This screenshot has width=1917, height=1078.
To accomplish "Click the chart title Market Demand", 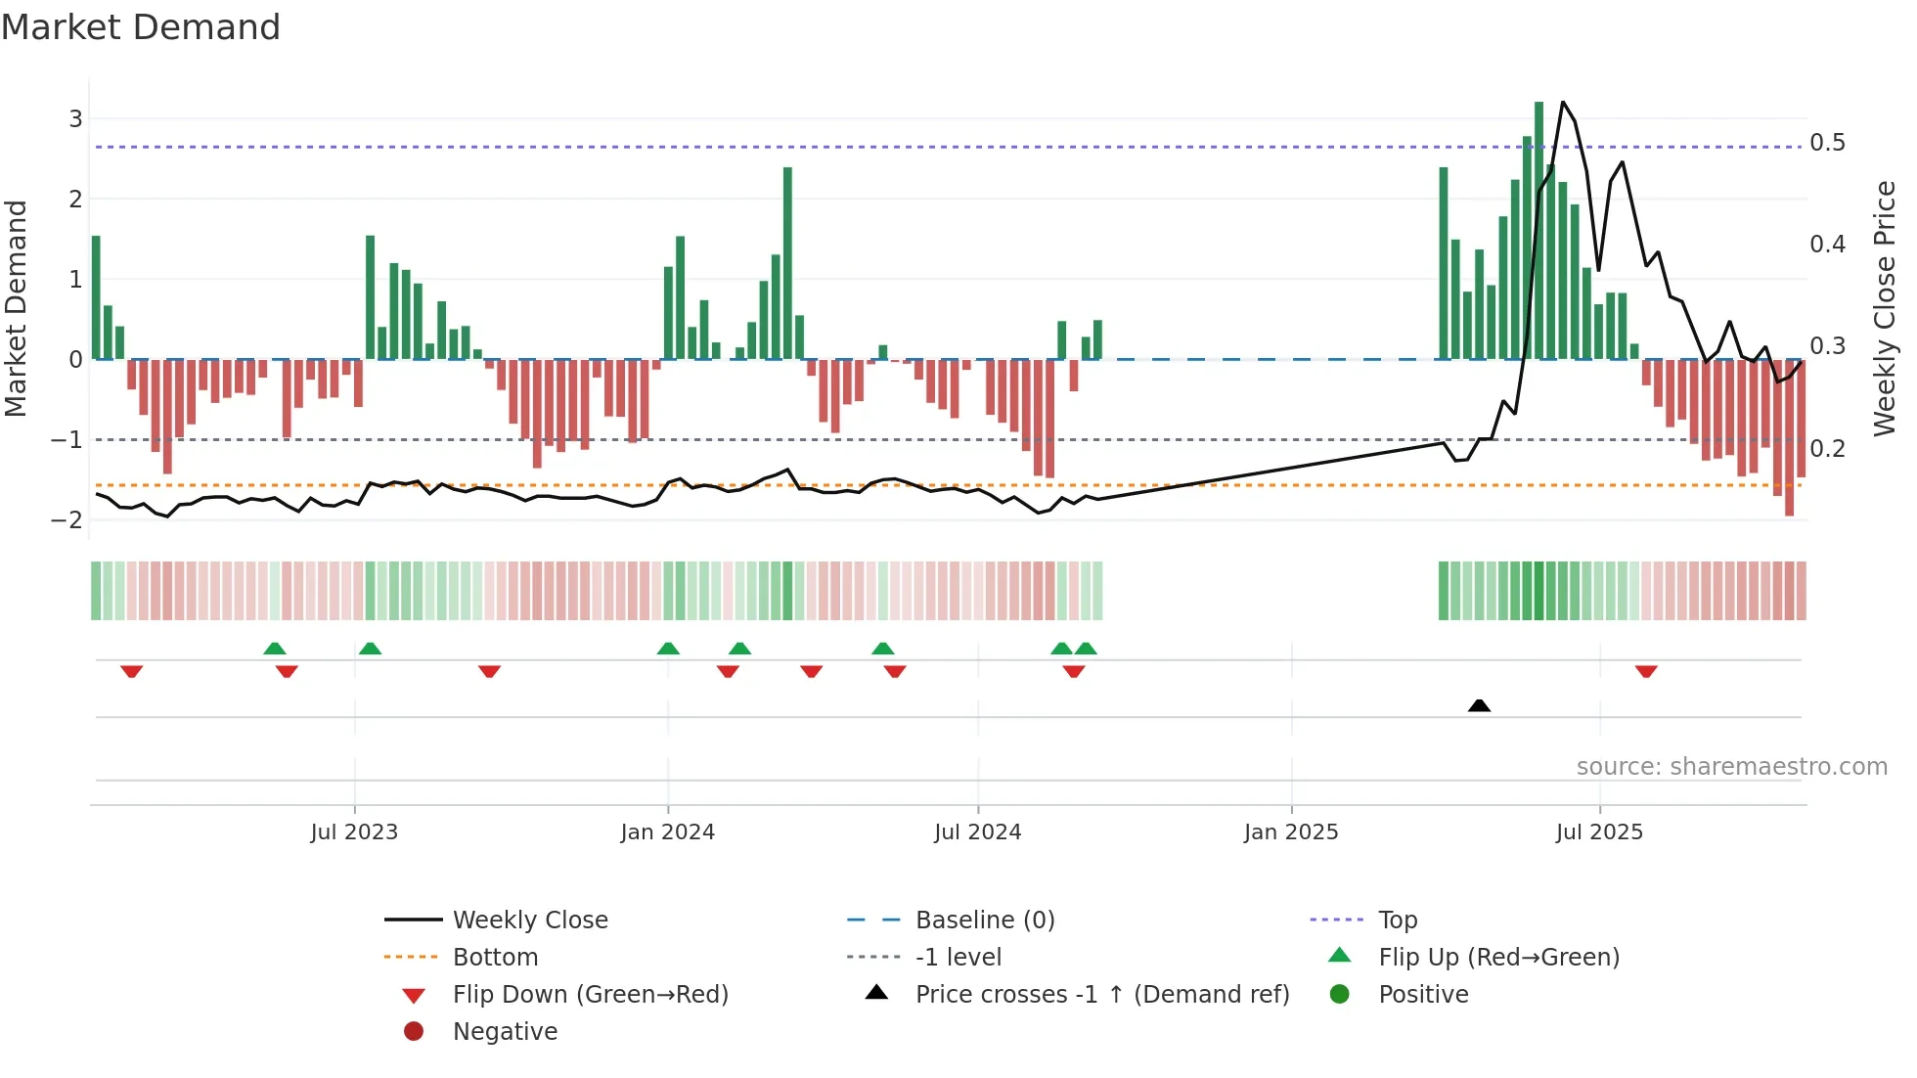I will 141,27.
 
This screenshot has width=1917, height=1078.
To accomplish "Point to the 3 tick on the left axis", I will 75,119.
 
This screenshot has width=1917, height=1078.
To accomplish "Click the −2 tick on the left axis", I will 67,519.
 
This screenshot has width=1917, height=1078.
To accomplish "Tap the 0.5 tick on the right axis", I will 1827,143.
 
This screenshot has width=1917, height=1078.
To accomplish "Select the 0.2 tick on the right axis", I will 1827,449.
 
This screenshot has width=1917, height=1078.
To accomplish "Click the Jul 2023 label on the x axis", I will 354,832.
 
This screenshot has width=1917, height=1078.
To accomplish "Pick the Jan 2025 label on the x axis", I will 1290,832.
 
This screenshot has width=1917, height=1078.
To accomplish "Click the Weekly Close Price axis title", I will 1884,308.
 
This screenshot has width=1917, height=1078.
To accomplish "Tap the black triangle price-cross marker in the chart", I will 1479,705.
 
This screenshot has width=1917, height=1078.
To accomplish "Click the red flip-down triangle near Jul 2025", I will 1646,672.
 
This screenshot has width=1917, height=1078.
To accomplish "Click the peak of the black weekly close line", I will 1562,103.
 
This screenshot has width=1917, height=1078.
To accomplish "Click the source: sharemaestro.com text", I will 1731,767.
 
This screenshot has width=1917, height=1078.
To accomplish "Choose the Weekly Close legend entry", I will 529,921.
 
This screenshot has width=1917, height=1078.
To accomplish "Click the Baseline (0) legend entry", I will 984,921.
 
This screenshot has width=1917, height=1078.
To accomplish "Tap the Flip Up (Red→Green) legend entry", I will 1498,958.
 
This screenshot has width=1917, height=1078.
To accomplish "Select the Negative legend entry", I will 505,1032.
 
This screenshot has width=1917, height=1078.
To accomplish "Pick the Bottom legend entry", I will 495,958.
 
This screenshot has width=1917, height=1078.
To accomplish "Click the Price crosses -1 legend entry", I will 1101,995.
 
